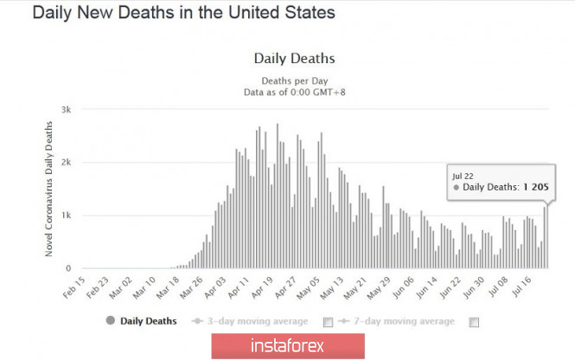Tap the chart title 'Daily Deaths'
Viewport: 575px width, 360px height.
(294, 59)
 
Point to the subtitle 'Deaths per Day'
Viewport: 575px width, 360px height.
(294, 77)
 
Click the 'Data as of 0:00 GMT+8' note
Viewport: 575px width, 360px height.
(294, 89)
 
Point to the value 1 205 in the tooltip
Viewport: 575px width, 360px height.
(536, 186)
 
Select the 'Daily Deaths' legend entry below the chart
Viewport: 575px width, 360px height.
(144, 321)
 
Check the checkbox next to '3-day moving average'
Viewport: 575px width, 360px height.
(328, 322)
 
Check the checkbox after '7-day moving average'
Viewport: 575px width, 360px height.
(473, 322)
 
